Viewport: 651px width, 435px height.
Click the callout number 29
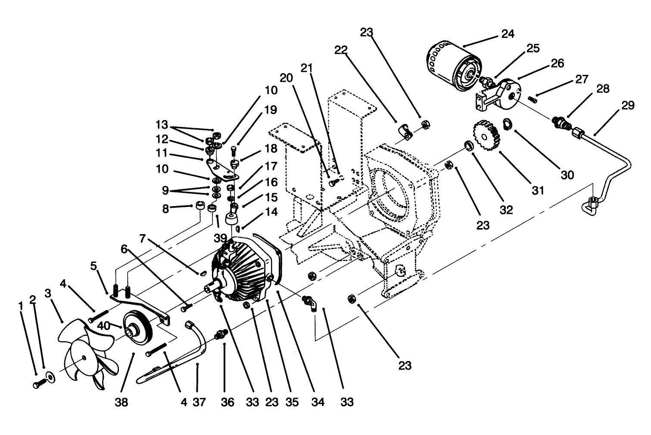tap(628, 105)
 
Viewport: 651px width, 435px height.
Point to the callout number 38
tap(121, 402)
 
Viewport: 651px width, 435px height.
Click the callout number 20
tap(286, 78)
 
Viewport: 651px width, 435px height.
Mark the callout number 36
tap(227, 402)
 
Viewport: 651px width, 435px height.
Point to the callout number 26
tap(557, 63)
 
